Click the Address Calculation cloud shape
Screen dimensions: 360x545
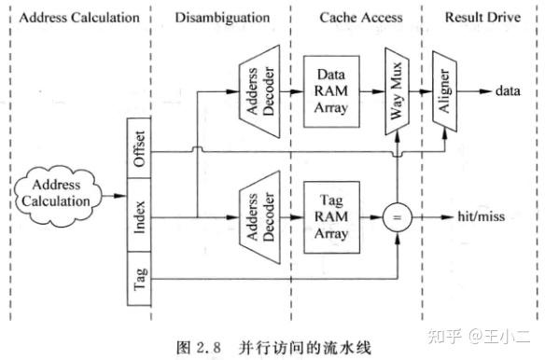(x=55, y=194)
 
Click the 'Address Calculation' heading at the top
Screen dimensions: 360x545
(x=72, y=17)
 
